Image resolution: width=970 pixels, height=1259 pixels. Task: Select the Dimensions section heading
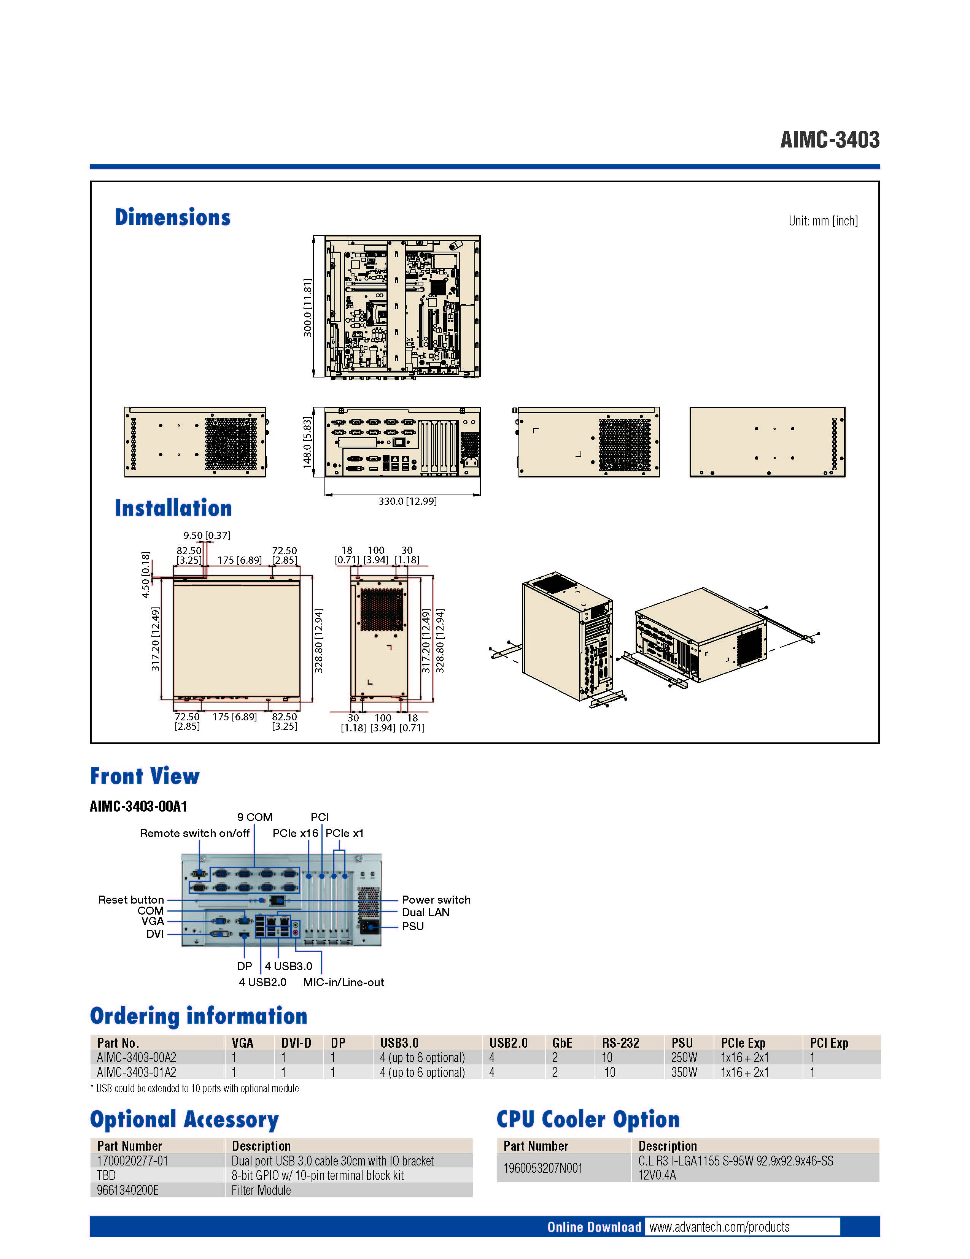(172, 217)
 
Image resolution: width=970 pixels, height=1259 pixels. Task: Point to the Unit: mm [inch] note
(823, 221)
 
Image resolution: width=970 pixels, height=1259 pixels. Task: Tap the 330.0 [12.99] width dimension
(407, 501)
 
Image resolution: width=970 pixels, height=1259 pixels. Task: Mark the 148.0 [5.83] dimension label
(307, 443)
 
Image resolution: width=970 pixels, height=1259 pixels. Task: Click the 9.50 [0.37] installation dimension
(207, 536)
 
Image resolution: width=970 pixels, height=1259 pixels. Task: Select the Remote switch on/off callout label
(194, 833)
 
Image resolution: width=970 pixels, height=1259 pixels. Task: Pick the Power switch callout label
(436, 900)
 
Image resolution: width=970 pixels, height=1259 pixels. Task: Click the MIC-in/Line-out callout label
(343, 982)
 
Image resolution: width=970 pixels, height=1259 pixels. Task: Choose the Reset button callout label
(131, 900)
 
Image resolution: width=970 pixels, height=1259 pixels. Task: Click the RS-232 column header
(620, 1043)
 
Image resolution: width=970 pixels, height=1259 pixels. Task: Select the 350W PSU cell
(684, 1072)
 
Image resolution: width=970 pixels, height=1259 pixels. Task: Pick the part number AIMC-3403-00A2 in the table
(137, 1057)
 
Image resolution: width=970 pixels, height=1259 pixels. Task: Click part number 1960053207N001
(543, 1168)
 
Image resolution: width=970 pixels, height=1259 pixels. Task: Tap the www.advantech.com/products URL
(719, 1227)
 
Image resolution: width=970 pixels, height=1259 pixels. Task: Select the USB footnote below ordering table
(195, 1088)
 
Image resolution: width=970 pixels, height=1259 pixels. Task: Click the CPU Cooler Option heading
(588, 1119)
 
